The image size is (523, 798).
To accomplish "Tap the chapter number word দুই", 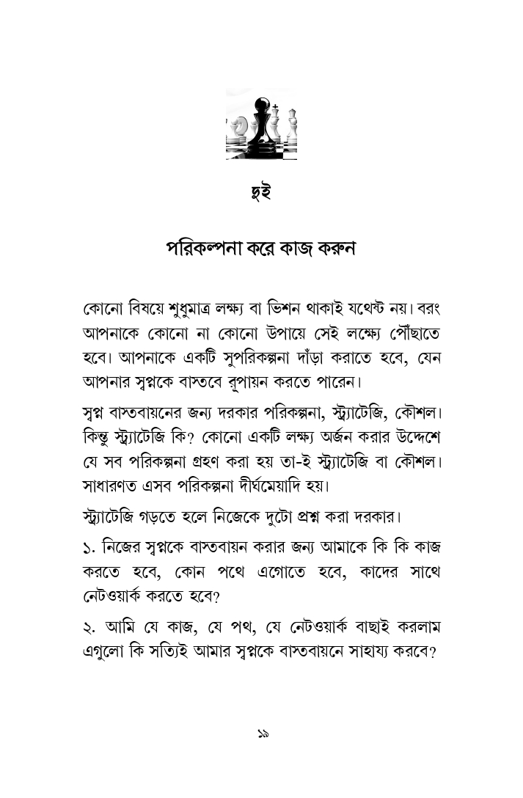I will pyautogui.click(x=260, y=196).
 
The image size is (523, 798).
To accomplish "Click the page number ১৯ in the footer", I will pyautogui.click(x=262, y=733).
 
